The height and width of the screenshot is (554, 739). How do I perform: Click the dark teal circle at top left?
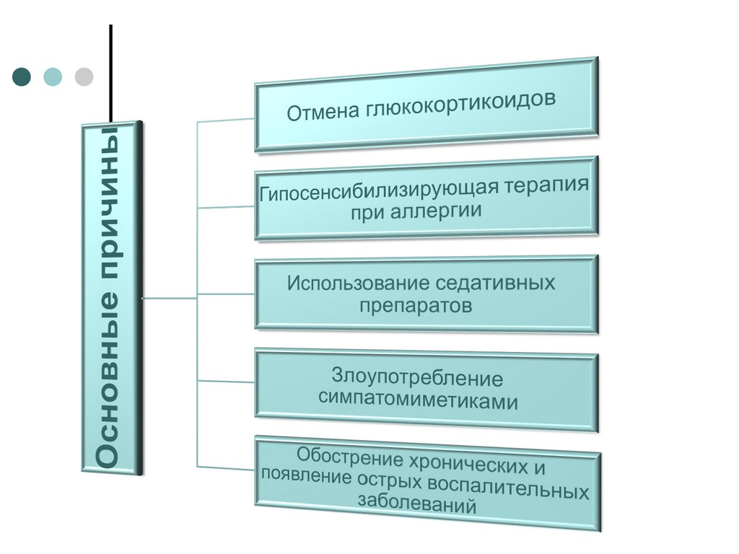pyautogui.click(x=22, y=76)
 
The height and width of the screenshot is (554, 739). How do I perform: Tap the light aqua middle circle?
pyautogui.click(x=53, y=76)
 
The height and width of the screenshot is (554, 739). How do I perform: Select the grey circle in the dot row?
pyautogui.click(x=84, y=76)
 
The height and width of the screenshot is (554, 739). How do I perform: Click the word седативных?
pyautogui.click(x=496, y=282)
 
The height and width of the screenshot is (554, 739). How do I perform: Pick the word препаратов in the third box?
pyautogui.click(x=416, y=305)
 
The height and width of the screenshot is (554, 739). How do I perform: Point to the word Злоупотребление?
pyautogui.click(x=417, y=377)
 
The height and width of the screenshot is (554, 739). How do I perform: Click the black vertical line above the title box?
pyautogui.click(x=110, y=72)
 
